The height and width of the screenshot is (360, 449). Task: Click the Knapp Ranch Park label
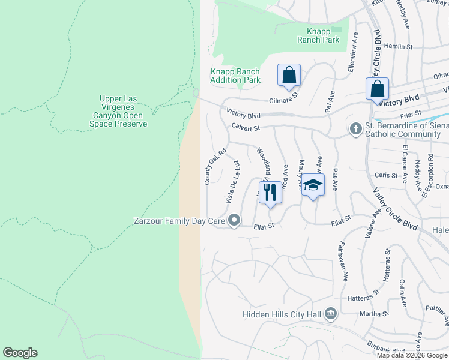pos(318,35)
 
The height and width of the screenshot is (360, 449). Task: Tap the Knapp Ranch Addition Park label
pos(235,76)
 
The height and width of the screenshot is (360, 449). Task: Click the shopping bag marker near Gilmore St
pos(289,76)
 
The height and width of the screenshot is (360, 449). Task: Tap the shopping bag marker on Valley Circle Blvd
pos(377,89)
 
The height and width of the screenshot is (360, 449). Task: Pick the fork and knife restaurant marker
pos(270,193)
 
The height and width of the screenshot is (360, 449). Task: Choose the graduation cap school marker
pos(312,185)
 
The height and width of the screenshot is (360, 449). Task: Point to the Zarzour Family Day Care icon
pos(234,221)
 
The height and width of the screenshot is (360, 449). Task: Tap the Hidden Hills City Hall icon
pos(330,314)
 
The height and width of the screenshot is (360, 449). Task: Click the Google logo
pos(20,353)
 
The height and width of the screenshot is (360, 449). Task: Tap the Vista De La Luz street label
pos(232,181)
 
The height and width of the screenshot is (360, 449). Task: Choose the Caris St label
pos(386,175)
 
